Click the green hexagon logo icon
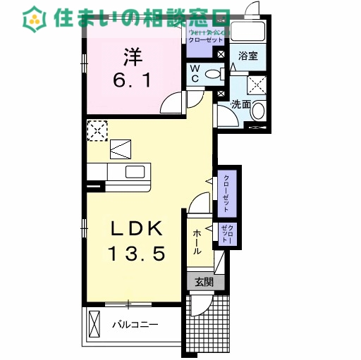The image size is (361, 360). pos(32,18)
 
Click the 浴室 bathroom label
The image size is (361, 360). pos(247,56)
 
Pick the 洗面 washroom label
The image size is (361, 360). pos(242,104)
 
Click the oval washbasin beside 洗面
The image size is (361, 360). pos(259,111)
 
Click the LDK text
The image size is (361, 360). pos(137,229)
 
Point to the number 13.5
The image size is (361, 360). pos(137,253)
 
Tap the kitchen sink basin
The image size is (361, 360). pos(137,172)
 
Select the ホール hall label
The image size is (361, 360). pos(197,241)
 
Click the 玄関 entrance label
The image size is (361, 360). pos(204,282)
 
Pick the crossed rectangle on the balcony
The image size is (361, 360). pos(96,325)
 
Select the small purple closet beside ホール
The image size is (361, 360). pos(228,233)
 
